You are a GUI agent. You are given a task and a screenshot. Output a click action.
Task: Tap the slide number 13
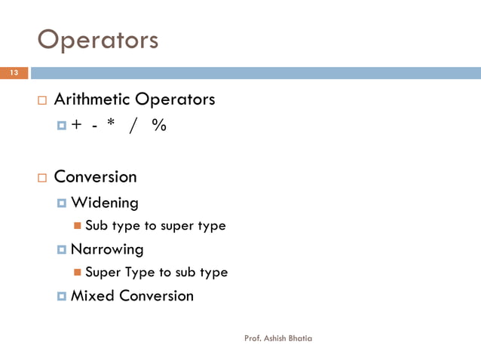click(13, 73)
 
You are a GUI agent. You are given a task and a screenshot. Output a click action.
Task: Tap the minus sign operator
click(93, 127)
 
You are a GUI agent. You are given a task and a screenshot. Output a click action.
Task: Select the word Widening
click(104, 203)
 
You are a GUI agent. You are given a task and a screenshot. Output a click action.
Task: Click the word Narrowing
click(106, 249)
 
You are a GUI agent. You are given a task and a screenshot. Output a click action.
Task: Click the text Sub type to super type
click(155, 226)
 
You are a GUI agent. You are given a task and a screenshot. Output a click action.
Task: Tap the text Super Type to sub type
click(156, 273)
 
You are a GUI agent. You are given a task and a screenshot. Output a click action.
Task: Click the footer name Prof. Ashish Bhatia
click(278, 338)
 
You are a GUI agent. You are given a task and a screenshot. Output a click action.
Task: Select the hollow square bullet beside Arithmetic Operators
click(41, 100)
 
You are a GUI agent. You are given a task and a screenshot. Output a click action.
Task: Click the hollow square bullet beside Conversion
click(41, 178)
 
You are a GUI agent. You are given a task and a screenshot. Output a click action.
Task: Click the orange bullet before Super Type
click(78, 273)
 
